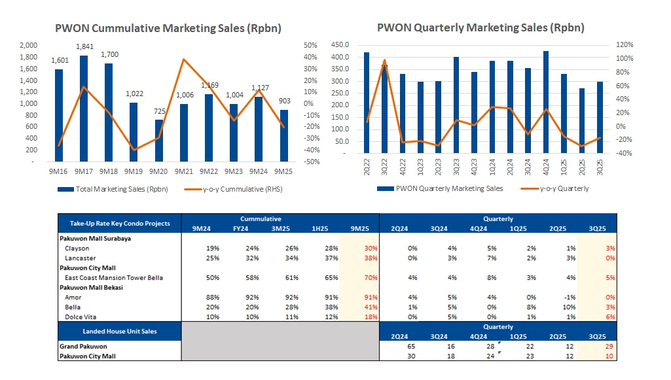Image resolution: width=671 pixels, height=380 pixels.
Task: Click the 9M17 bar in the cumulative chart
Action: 84,109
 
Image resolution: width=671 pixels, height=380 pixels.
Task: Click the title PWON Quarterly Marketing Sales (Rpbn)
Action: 481,27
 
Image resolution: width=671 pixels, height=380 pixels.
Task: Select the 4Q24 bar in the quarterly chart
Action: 546,102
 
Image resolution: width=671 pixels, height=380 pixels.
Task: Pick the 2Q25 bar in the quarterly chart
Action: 582,121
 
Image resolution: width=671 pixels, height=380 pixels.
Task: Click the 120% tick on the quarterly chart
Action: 625,44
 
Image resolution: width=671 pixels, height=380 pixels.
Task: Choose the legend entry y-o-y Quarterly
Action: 564,189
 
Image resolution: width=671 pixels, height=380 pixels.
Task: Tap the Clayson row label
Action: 77,249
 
